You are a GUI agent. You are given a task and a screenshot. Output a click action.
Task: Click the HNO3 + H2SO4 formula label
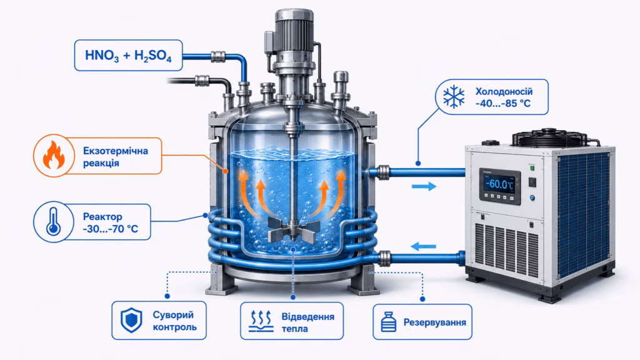pos(128,56)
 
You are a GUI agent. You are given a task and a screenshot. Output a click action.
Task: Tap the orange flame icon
pos(54,155)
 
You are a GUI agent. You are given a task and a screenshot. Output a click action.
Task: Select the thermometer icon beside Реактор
pos(53,222)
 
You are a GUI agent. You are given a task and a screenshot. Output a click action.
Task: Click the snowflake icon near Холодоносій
pos(454,97)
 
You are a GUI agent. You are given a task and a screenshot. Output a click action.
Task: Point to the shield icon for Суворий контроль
pos(131,321)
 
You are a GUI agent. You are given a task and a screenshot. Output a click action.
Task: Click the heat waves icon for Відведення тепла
pos(261,321)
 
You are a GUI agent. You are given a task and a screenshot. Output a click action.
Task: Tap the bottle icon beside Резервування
pos(388,322)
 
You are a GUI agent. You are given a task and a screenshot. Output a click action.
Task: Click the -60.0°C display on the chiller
pos(499,184)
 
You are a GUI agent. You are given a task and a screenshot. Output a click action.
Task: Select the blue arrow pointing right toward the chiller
pos(424,186)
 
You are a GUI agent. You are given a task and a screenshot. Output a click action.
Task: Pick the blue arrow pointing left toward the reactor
pos(423,246)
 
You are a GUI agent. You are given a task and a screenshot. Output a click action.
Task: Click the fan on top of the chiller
pos(550,138)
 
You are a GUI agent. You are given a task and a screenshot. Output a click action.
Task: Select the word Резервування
pos(435,322)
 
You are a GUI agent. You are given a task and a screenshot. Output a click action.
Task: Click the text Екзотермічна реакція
pos(116,157)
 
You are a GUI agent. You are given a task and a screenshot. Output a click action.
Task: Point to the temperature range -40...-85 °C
pos(503,103)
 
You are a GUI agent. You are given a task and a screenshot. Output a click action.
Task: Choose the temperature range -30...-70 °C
pos(110,229)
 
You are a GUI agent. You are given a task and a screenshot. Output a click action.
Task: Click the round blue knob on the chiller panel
pos(532,198)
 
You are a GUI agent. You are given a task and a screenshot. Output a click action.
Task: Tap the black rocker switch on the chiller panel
pos(532,182)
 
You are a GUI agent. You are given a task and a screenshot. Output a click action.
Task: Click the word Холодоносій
pos(504,91)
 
